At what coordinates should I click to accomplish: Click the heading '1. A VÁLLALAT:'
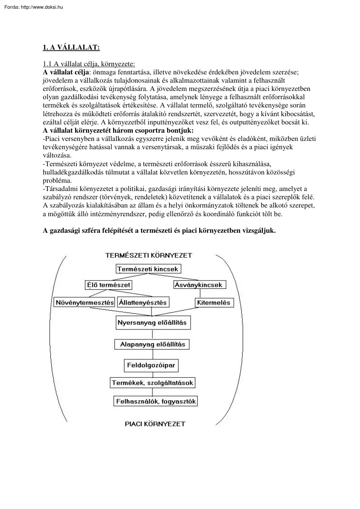(x=71, y=47)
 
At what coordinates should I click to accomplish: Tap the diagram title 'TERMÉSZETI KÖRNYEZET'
(x=148, y=255)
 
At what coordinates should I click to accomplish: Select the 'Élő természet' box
(x=108, y=285)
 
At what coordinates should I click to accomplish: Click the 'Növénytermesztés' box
(x=85, y=302)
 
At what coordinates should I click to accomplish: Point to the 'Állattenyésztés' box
(x=142, y=302)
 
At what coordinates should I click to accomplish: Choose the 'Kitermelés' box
(x=214, y=302)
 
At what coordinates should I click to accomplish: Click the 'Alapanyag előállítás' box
(x=152, y=344)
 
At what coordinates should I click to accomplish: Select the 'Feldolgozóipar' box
(x=151, y=365)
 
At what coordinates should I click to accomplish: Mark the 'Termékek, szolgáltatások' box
(x=152, y=383)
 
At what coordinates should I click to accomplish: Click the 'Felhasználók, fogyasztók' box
(x=155, y=401)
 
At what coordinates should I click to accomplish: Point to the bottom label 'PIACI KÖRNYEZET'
(x=155, y=423)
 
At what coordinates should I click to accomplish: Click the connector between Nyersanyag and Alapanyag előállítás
(x=152, y=334)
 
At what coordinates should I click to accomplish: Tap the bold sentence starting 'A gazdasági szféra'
(x=159, y=231)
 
